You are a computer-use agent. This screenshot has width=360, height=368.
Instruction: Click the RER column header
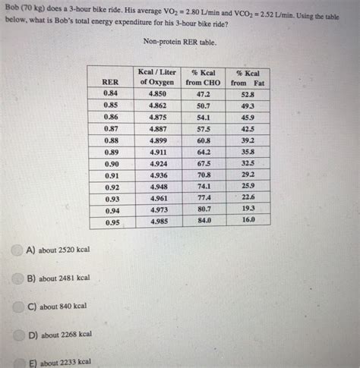(x=111, y=82)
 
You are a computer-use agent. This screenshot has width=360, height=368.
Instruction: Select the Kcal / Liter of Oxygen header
(x=157, y=77)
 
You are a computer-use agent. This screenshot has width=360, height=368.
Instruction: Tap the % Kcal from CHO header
(x=204, y=77)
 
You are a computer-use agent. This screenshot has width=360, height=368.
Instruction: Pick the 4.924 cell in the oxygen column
(x=159, y=164)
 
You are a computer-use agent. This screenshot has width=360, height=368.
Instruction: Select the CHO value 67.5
(x=204, y=163)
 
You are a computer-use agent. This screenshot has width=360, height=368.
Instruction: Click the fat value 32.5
(x=248, y=163)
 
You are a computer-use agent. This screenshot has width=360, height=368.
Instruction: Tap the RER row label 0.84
(x=110, y=93)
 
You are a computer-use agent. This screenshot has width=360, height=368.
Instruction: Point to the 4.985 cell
(x=159, y=222)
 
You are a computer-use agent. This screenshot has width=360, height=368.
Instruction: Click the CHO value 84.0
(x=204, y=220)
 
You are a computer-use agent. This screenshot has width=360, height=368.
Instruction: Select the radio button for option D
(x=18, y=335)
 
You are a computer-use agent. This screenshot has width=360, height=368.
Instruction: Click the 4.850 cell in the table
(x=157, y=93)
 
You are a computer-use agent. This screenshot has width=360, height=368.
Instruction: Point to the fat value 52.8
(x=248, y=95)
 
